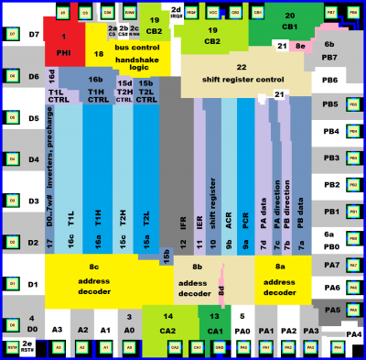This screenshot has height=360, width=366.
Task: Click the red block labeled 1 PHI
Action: click(62, 46)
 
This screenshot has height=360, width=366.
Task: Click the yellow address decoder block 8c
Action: click(92, 278)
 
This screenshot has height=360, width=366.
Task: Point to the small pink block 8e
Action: click(300, 46)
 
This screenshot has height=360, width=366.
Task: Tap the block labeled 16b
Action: click(95, 80)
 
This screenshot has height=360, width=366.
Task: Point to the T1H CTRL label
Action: click(95, 95)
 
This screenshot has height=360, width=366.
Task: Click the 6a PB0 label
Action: click(330, 241)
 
